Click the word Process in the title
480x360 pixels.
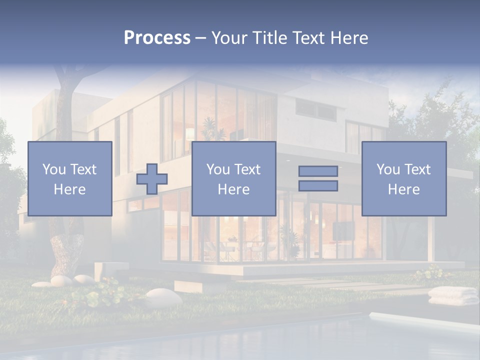157,37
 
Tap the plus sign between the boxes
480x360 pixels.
152,178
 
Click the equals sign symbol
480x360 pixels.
318,178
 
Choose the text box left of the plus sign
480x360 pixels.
69,178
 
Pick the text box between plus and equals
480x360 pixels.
233,178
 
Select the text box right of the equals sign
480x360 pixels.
403,178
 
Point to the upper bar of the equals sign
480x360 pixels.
318,171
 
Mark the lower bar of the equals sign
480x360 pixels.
318,186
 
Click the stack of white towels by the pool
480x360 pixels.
453,295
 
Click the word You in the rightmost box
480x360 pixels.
387,169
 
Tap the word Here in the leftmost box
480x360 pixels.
69,189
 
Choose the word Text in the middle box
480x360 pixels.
247,169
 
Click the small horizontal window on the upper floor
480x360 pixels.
315,109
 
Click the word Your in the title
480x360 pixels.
229,37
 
